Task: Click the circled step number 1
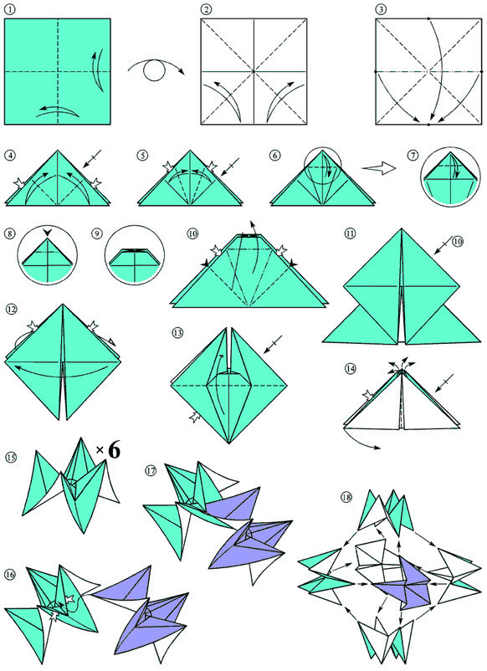[x=9, y=10]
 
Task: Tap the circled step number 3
[x=381, y=10]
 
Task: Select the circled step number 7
[x=413, y=156]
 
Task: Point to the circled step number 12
[x=12, y=309]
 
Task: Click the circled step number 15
[x=11, y=458]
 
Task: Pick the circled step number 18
[x=346, y=497]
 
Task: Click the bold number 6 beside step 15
[x=114, y=450]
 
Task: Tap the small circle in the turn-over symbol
[x=155, y=71]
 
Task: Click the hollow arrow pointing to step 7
[x=379, y=168]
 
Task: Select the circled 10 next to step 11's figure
[x=458, y=242]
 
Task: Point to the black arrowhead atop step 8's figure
[x=48, y=232]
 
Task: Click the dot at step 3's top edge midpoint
[x=428, y=18]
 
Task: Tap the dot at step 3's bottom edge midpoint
[x=428, y=125]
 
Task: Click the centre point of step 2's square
[x=254, y=71]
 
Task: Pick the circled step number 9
[x=97, y=233]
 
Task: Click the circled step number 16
[x=10, y=575]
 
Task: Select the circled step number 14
[x=351, y=368]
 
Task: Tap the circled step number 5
[x=142, y=155]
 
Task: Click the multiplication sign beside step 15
[x=100, y=450]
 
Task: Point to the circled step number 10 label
[x=192, y=233]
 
